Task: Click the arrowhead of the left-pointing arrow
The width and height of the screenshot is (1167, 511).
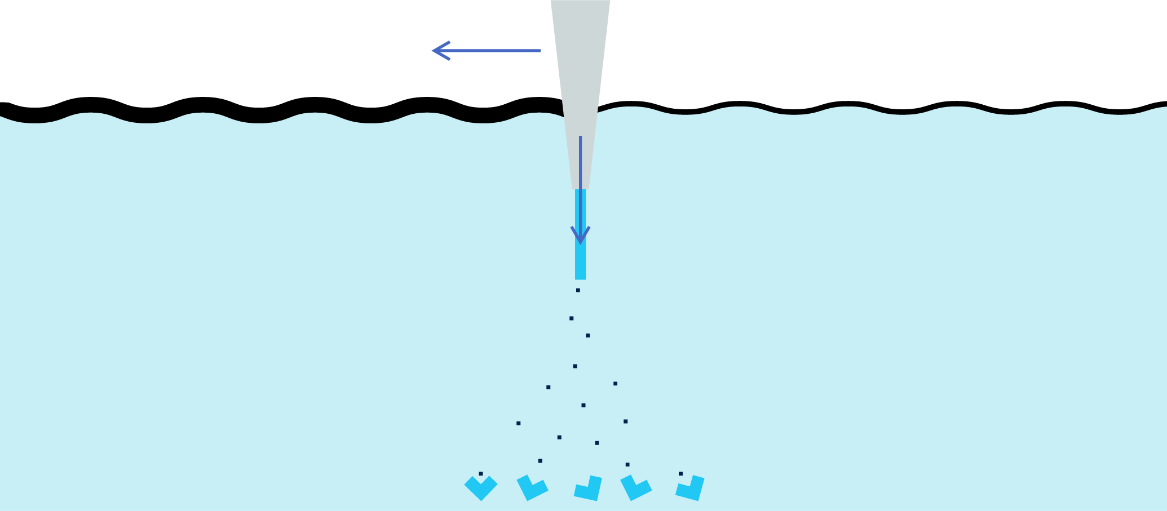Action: pos(439,51)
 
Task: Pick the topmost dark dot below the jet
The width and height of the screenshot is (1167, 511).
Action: pos(578,290)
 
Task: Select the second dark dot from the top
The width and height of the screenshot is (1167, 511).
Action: pos(571,318)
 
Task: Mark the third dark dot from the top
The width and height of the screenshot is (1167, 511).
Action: pos(587,335)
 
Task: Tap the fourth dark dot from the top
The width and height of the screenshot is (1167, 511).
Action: pos(575,366)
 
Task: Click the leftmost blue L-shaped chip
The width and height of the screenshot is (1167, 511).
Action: pos(481,489)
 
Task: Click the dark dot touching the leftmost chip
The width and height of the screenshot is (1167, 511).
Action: pos(481,474)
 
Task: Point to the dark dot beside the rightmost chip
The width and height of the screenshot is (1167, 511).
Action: pos(680,474)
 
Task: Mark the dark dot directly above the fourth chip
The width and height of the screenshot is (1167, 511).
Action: pos(627,465)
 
